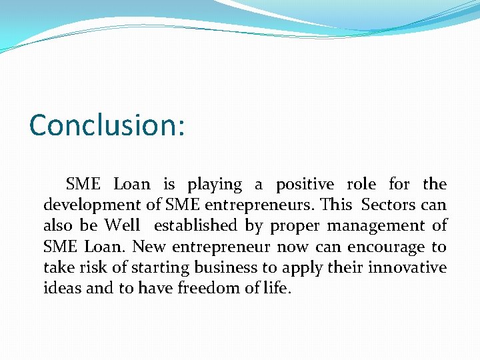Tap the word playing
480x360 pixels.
point(215,185)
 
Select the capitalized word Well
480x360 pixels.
point(122,226)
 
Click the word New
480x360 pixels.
point(149,247)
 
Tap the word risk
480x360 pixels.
point(88,268)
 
